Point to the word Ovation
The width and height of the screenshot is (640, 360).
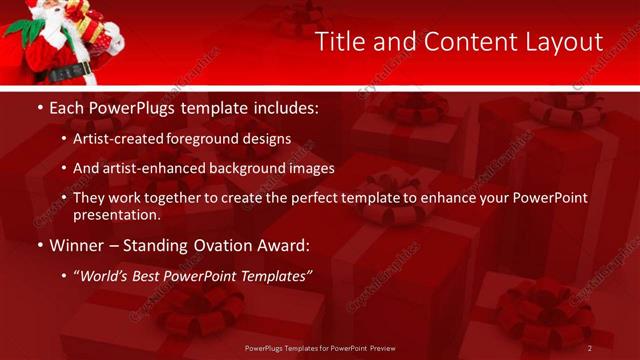212,245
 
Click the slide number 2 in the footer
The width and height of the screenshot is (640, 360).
590,348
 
